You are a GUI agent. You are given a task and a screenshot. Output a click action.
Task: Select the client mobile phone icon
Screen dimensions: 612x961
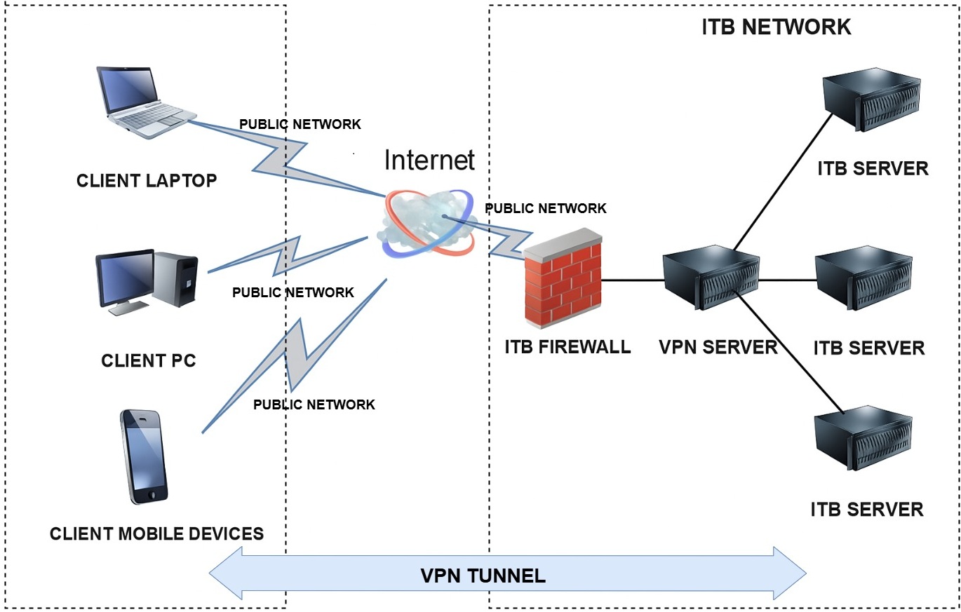(x=144, y=456)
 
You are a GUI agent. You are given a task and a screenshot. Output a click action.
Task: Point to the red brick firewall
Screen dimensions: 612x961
(x=563, y=280)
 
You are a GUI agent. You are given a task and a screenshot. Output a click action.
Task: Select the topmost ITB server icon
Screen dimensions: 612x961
(x=871, y=100)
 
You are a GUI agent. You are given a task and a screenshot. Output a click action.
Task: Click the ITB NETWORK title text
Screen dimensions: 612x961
(x=776, y=27)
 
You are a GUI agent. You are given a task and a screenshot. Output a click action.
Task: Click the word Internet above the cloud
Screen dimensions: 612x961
(x=429, y=160)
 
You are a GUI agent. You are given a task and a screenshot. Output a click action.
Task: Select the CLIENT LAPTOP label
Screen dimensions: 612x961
(x=147, y=181)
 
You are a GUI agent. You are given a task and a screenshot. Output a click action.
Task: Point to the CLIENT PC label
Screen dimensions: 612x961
(x=149, y=361)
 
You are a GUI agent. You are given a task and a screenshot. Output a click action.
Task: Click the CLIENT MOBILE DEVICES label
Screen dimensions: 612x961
(x=156, y=533)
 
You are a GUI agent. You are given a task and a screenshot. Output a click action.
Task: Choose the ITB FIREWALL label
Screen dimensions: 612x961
(x=567, y=346)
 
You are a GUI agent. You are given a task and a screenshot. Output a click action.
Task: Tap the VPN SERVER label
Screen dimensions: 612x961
(x=718, y=346)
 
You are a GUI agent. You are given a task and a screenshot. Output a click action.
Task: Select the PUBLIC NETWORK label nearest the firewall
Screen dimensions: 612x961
(x=546, y=208)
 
